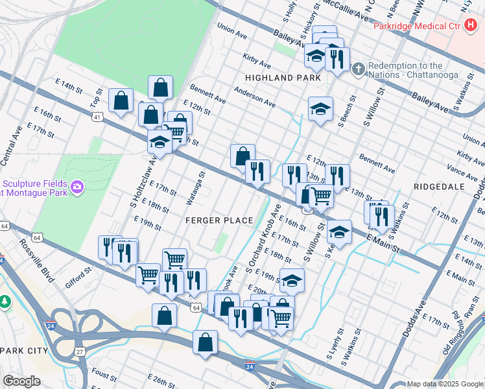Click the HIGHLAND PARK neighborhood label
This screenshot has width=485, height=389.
point(283,78)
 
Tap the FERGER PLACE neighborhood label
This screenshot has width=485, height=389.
point(219,220)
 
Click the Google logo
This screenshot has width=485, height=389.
point(21,381)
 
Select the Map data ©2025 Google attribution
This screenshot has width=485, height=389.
point(445,384)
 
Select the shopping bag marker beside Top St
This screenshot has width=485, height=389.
point(121,100)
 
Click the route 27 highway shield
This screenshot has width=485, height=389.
point(80,351)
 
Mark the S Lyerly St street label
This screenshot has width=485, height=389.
point(332,347)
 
